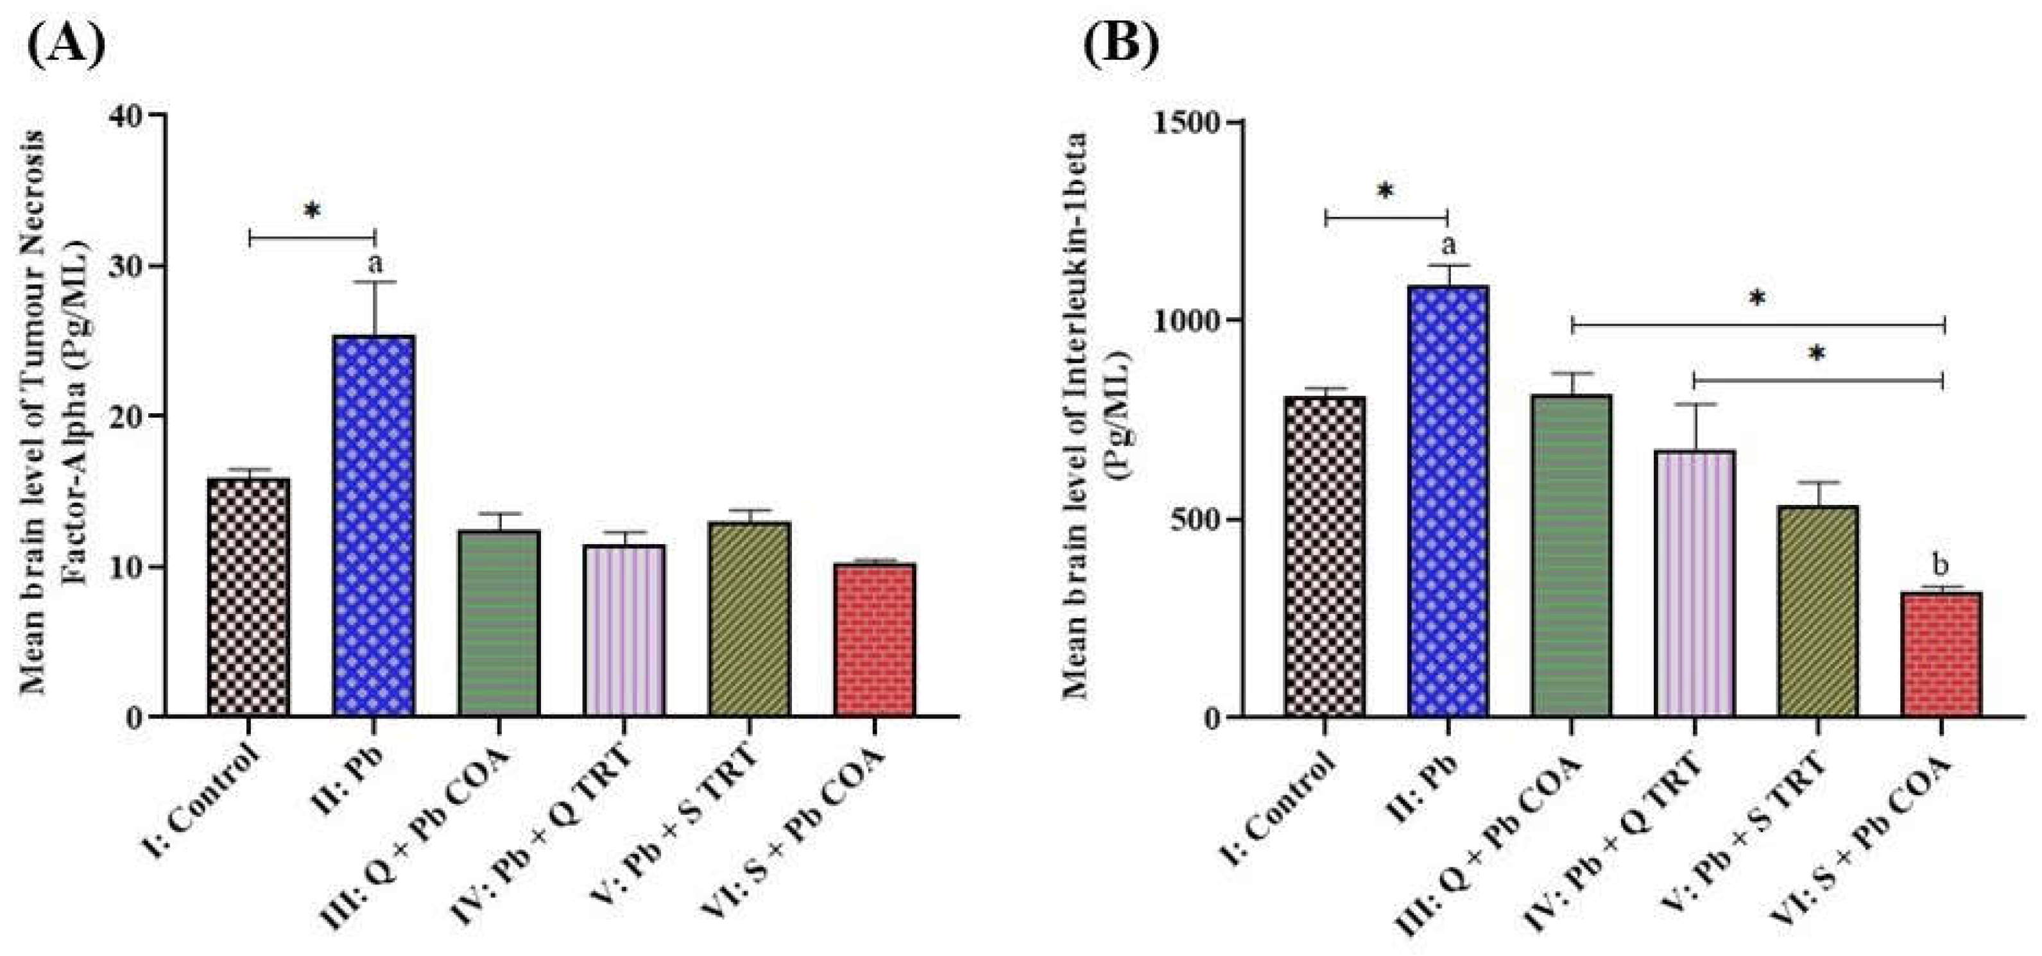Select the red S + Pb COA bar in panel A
(874, 640)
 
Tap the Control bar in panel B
(1325, 558)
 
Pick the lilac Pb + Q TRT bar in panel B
(1694, 585)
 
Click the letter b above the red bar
(1941, 566)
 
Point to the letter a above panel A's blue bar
(375, 262)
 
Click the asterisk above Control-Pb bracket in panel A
(313, 212)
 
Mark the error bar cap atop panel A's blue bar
(375, 282)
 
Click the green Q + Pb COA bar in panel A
(499, 623)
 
